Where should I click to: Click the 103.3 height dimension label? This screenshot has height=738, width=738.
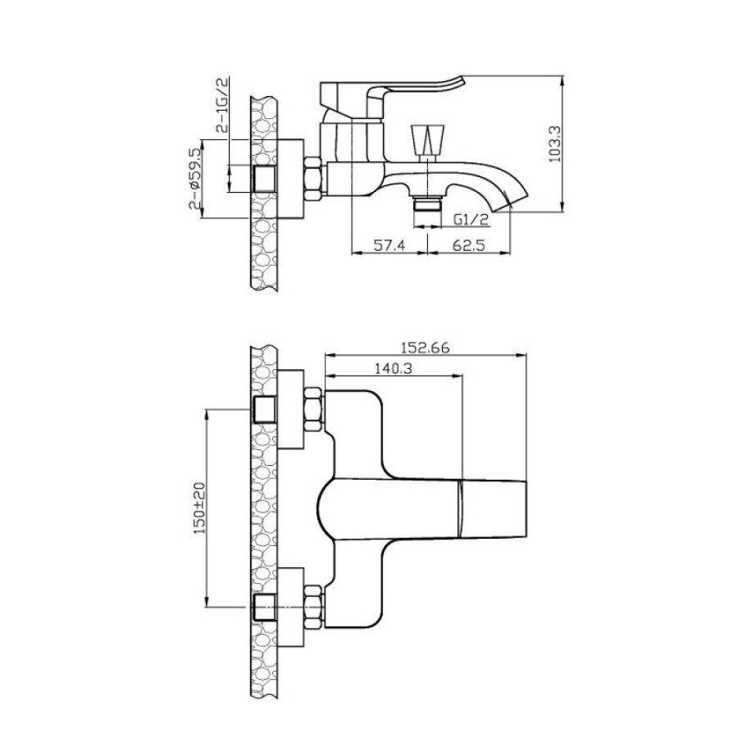pyautogui.click(x=555, y=143)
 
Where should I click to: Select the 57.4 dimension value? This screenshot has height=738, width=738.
pyautogui.click(x=389, y=245)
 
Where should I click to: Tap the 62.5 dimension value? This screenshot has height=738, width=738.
pyautogui.click(x=468, y=245)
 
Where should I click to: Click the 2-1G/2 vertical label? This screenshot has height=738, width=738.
pyautogui.click(x=222, y=106)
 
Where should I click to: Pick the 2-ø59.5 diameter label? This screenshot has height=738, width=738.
pyautogui.click(x=195, y=179)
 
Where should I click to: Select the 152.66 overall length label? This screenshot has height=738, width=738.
pyautogui.click(x=426, y=348)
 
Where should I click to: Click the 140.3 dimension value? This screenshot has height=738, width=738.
pyautogui.click(x=394, y=368)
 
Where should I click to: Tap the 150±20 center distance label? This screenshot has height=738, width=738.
pyautogui.click(x=199, y=508)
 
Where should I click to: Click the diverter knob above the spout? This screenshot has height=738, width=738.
pyautogui.click(x=427, y=139)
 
